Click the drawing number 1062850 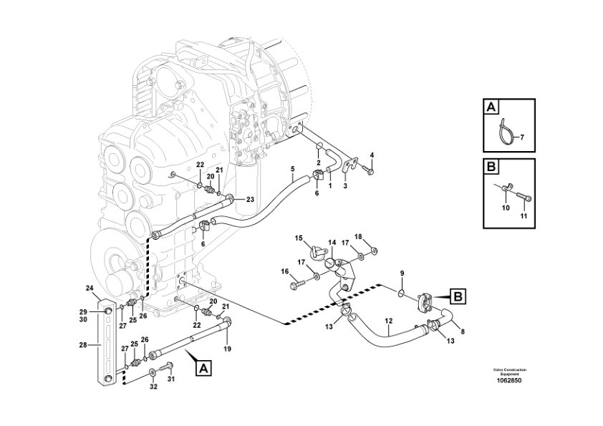point(509,379)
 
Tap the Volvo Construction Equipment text point(509,371)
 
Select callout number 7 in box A point(522,137)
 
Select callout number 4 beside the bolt point(372,155)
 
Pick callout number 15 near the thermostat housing point(299,238)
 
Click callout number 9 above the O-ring point(402,273)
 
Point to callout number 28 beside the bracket point(83,345)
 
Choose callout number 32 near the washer point(152,387)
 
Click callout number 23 point(250,199)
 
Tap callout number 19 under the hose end point(228,349)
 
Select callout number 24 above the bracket point(90,289)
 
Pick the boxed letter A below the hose point(203,369)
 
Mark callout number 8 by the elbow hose point(462,331)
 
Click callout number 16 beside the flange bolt point(284,271)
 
